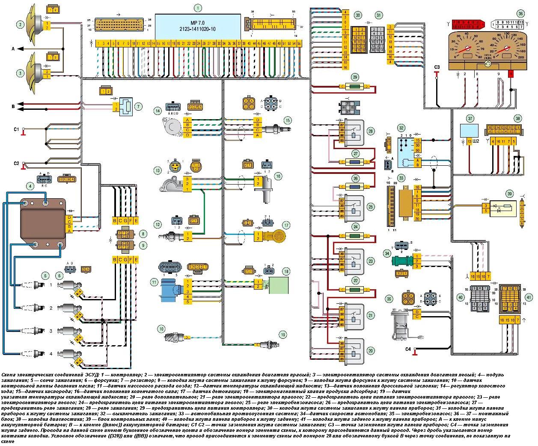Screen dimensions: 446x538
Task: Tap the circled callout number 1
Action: [x=197, y=7]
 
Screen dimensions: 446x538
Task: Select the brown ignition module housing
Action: [x=42, y=221]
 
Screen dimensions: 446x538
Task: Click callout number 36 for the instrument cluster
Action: [x=520, y=13]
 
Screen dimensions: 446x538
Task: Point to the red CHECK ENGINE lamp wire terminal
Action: [x=510, y=75]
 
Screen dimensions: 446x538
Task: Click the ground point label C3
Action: [x=437, y=67]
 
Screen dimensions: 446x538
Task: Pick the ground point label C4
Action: [x=408, y=349]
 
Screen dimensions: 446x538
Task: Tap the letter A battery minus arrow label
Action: [x=13, y=49]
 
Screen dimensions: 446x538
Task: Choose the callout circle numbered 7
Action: [x=137, y=106]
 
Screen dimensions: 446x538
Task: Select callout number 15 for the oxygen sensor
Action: [x=288, y=120]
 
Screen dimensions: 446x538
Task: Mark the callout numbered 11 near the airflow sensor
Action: [x=154, y=282]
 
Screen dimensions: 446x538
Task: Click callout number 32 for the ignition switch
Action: [x=401, y=128]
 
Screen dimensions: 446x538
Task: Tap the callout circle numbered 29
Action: [x=355, y=77]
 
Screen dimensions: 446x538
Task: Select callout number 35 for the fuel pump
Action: [x=389, y=298]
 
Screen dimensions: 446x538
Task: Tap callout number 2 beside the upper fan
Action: [x=20, y=24]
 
